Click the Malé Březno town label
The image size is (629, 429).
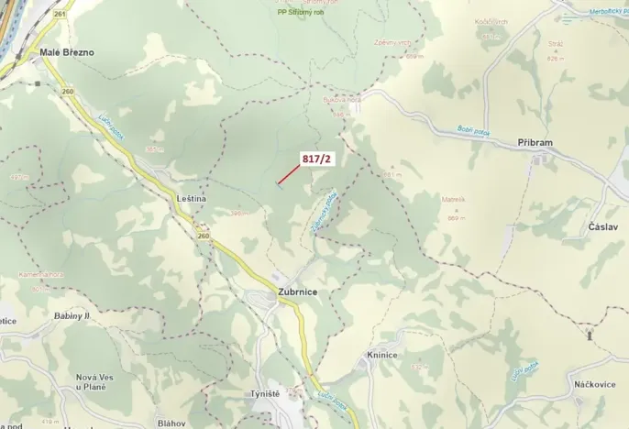pos(67,52)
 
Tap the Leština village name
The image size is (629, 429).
pos(191,198)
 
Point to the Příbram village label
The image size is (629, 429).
pos(535,144)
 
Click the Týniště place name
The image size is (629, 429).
pos(265,393)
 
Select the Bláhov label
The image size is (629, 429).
pos(171,423)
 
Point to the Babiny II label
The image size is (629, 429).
pos(72,315)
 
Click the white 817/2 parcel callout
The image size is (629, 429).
pos(317,159)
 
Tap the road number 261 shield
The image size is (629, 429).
pos(60,15)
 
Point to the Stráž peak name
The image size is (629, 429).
pos(530,43)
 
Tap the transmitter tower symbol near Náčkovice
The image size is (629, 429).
pos(590,335)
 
